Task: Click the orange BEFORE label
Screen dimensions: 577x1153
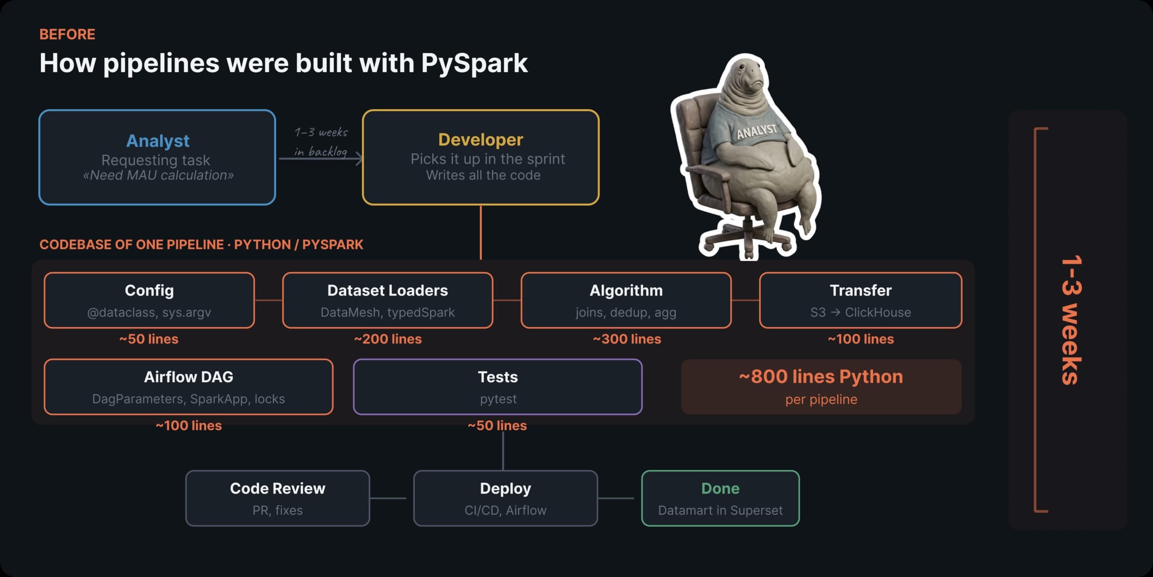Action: click(x=67, y=34)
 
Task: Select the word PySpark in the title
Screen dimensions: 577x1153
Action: click(x=474, y=63)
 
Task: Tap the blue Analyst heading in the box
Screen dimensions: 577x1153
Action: click(x=158, y=141)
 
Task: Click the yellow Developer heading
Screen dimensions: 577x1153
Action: click(x=481, y=139)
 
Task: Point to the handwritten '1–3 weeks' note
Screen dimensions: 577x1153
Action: click(x=321, y=132)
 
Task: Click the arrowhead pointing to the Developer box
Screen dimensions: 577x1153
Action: click(x=359, y=159)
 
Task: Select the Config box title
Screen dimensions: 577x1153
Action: click(x=149, y=290)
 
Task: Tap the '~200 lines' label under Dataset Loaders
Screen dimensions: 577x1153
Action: click(x=388, y=339)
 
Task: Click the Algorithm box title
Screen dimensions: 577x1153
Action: click(x=626, y=290)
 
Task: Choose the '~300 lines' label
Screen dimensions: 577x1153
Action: click(x=627, y=339)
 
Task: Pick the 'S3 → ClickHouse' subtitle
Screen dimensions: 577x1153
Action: click(x=860, y=312)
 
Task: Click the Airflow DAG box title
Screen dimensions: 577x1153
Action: click(x=189, y=377)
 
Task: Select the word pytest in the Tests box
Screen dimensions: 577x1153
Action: click(x=498, y=399)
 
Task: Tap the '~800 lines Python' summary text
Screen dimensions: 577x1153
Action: click(x=821, y=377)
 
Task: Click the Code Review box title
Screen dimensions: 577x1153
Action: click(x=277, y=488)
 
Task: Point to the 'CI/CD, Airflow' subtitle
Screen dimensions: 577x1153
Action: click(x=505, y=510)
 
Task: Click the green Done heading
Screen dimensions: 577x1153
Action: click(x=720, y=488)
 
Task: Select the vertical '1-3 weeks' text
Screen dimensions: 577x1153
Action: click(x=1071, y=320)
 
